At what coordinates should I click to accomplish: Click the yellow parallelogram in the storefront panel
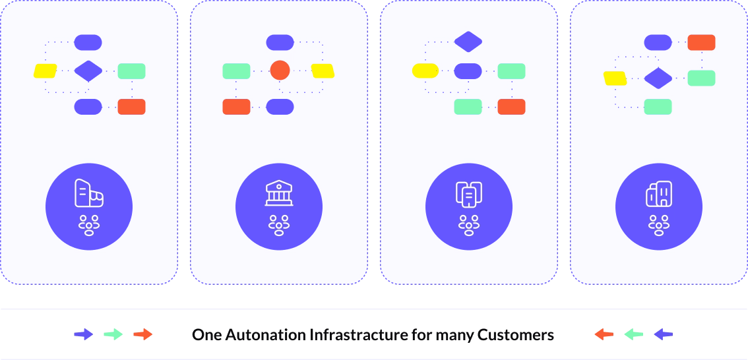pyautogui.click(x=46, y=71)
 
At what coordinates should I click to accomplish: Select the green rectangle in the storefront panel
pyautogui.click(x=131, y=71)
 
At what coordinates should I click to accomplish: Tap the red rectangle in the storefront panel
pyautogui.click(x=131, y=107)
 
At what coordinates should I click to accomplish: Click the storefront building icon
pyautogui.click(x=89, y=193)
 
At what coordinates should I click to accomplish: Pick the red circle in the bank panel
pyautogui.click(x=280, y=70)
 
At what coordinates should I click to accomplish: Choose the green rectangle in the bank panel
pyautogui.click(x=236, y=71)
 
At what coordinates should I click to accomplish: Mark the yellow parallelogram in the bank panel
pyautogui.click(x=323, y=71)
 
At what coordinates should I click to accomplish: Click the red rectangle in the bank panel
pyautogui.click(x=236, y=107)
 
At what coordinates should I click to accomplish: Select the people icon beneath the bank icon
pyautogui.click(x=279, y=225)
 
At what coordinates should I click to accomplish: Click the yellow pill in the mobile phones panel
pyautogui.click(x=425, y=71)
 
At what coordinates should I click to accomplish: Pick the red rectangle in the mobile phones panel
pyautogui.click(x=511, y=107)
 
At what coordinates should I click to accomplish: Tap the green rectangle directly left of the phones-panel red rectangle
pyautogui.click(x=468, y=107)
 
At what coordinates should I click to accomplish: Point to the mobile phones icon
pyautogui.click(x=469, y=194)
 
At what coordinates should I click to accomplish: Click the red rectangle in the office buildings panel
pyautogui.click(x=701, y=43)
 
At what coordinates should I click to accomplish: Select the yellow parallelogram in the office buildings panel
pyautogui.click(x=615, y=78)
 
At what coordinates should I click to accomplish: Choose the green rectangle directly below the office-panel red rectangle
pyautogui.click(x=701, y=78)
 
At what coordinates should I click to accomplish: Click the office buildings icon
pyautogui.click(x=659, y=194)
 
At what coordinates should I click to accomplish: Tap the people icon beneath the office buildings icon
pyautogui.click(x=659, y=225)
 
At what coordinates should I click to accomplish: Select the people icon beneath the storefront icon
pyautogui.click(x=89, y=225)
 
